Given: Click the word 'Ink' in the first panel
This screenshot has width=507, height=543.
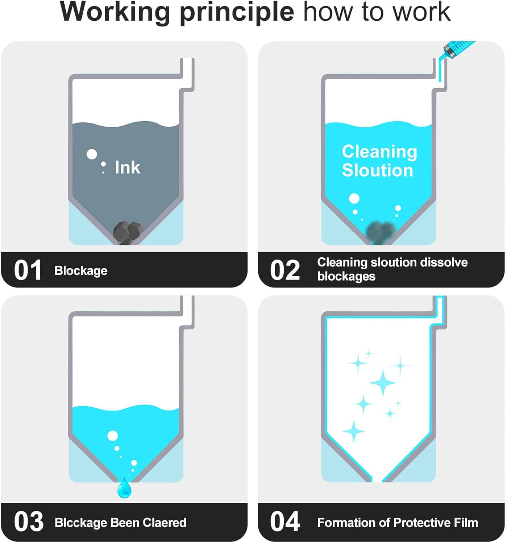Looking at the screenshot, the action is (x=127, y=167).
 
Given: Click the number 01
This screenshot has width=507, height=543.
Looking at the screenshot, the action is (x=28, y=270).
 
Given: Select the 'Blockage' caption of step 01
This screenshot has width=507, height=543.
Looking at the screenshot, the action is (x=81, y=271).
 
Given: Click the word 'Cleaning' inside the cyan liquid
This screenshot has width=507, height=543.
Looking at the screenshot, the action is (x=379, y=152).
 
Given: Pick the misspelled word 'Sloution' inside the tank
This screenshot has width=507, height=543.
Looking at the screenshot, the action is (x=378, y=171).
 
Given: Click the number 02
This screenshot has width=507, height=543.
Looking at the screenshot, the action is (x=285, y=270).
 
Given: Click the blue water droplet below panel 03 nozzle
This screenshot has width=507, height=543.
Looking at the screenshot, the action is (x=124, y=488).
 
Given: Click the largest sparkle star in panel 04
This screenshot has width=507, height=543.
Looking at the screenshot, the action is (x=383, y=383).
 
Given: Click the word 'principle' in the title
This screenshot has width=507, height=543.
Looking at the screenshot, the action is (x=237, y=13).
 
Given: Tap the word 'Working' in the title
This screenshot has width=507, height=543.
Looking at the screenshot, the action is (x=115, y=13).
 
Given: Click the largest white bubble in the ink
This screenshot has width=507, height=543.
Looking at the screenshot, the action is (x=92, y=154).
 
